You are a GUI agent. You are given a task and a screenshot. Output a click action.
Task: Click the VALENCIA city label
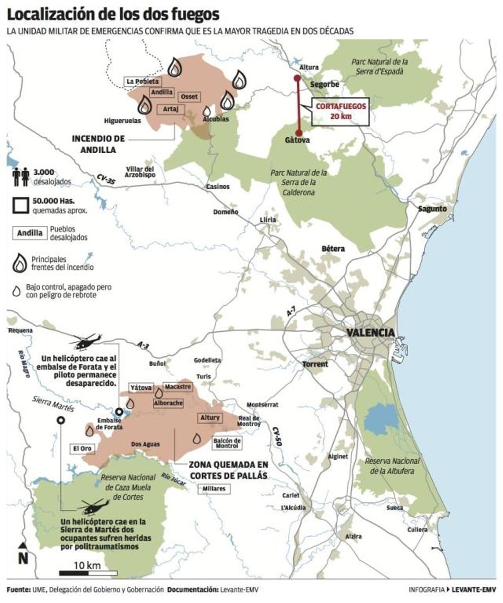(x=370, y=333)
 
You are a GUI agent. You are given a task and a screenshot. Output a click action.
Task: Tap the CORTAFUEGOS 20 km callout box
(x=340, y=111)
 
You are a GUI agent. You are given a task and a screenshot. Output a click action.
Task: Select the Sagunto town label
(x=432, y=209)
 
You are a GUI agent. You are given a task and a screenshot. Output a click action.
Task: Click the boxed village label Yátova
(x=141, y=388)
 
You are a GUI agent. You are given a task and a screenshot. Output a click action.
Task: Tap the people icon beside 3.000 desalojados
(x=21, y=177)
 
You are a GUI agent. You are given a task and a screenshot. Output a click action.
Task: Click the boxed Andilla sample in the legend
(x=30, y=233)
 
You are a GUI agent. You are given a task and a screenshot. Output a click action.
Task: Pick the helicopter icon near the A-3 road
(x=86, y=341)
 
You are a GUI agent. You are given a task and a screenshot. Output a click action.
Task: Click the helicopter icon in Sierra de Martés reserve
(x=93, y=506)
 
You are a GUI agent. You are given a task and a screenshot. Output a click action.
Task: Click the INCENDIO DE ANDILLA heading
(x=98, y=144)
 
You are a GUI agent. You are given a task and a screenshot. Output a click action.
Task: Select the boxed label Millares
(x=214, y=488)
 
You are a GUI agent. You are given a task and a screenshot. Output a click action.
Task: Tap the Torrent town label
(x=315, y=364)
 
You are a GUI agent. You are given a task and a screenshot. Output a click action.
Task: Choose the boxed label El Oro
(x=82, y=448)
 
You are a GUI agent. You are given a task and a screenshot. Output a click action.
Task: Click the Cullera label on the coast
(x=417, y=530)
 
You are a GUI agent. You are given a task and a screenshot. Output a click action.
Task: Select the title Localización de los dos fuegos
(x=113, y=15)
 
